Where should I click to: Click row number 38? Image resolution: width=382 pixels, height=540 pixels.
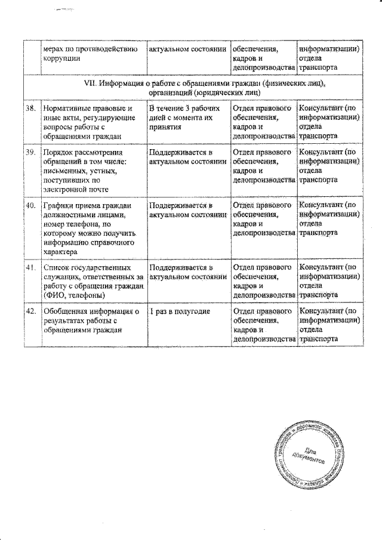pyautogui.click(x=29, y=109)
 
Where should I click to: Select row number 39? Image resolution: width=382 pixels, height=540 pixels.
pyautogui.click(x=29, y=152)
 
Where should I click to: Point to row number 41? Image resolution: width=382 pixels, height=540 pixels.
pyautogui.click(x=29, y=267)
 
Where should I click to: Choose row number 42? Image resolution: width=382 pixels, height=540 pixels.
pyautogui.click(x=29, y=311)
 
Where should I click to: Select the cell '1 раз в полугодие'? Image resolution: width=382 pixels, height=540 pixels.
pyautogui.click(x=178, y=311)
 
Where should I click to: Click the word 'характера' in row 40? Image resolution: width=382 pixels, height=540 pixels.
pyautogui.click(x=61, y=252)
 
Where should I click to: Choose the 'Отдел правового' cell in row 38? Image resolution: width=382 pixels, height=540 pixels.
pyautogui.click(x=262, y=122)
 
